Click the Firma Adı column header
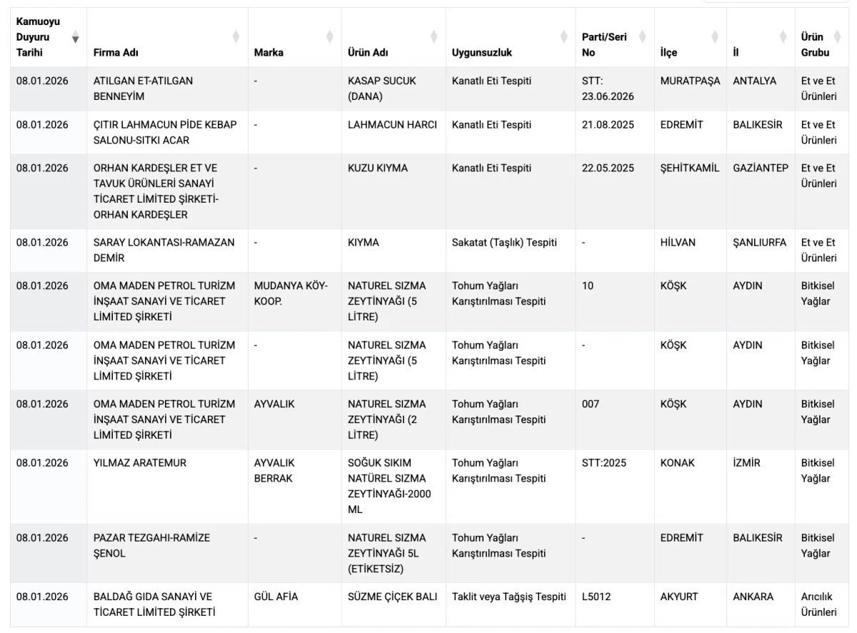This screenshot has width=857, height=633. point(116,53)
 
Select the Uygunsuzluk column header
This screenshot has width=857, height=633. point(482,53)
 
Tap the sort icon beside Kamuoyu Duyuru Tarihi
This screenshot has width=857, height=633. point(75,38)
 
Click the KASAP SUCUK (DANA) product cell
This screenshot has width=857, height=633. point(381,88)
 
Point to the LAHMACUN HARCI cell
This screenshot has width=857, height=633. point(392,125)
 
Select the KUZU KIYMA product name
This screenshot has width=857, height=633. point(378,168)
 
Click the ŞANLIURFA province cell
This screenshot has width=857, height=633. point(759,243)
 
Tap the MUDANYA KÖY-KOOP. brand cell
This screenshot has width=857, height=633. point(291,293)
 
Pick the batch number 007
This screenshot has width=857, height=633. point(591,404)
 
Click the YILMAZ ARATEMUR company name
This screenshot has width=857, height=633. point(140,463)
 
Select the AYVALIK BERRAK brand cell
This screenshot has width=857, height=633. point(274,470)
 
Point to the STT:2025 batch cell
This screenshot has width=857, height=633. point(604,463)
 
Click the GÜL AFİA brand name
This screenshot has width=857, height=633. point(276,597)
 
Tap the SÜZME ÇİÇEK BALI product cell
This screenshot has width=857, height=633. point(392,597)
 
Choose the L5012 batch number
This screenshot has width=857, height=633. point(596,597)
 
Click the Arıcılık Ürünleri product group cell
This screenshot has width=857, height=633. point(818,604)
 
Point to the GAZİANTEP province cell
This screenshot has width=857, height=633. point(761,168)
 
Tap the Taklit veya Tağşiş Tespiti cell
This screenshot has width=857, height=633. point(508,597)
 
